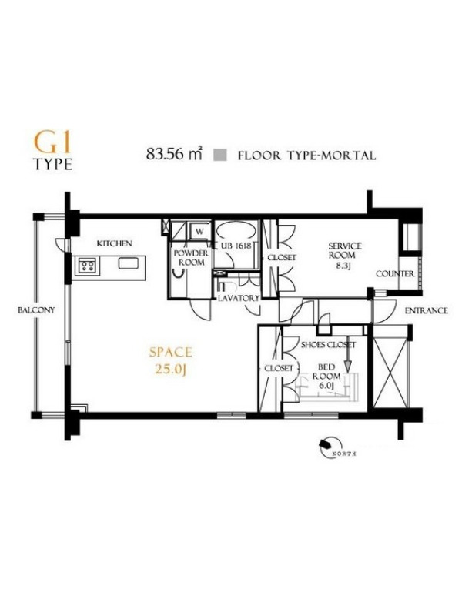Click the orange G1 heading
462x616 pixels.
pos(53,143)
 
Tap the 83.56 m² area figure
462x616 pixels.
pos(175,154)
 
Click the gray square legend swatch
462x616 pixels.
pos(220,155)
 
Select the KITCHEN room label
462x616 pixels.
pos(114,243)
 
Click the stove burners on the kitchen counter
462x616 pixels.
pos(87,264)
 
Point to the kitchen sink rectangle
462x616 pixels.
pos(128,263)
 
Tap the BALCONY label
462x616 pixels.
pos(36,310)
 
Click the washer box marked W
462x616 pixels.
pos(199,232)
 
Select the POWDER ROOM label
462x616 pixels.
pos(191,258)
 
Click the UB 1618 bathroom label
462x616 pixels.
pos(236,246)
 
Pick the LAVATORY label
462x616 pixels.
pos(239,298)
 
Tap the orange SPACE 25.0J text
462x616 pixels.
pos(171,360)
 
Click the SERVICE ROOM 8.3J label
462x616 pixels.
pos(345,255)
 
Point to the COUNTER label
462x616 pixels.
pos(395,274)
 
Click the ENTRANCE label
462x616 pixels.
pos(427,310)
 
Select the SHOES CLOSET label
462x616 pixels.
pos(328,345)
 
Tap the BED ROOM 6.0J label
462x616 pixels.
pos(326,377)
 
